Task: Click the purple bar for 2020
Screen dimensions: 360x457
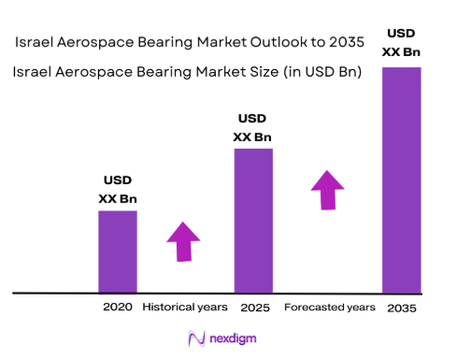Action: (x=118, y=252)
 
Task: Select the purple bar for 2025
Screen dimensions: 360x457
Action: (x=253, y=221)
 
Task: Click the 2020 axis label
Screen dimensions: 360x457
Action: (x=118, y=307)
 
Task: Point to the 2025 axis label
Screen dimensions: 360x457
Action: (x=253, y=307)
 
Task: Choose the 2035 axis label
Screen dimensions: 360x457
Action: (x=402, y=308)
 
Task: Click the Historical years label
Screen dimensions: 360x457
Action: (x=185, y=307)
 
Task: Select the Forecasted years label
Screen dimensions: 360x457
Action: (x=330, y=307)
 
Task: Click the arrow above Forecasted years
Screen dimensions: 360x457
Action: (x=327, y=191)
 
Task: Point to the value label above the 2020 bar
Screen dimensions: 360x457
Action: (x=118, y=189)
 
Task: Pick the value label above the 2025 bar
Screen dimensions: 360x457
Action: (x=253, y=128)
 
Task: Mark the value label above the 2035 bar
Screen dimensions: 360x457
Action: (x=402, y=42)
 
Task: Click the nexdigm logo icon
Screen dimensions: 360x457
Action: (x=196, y=338)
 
